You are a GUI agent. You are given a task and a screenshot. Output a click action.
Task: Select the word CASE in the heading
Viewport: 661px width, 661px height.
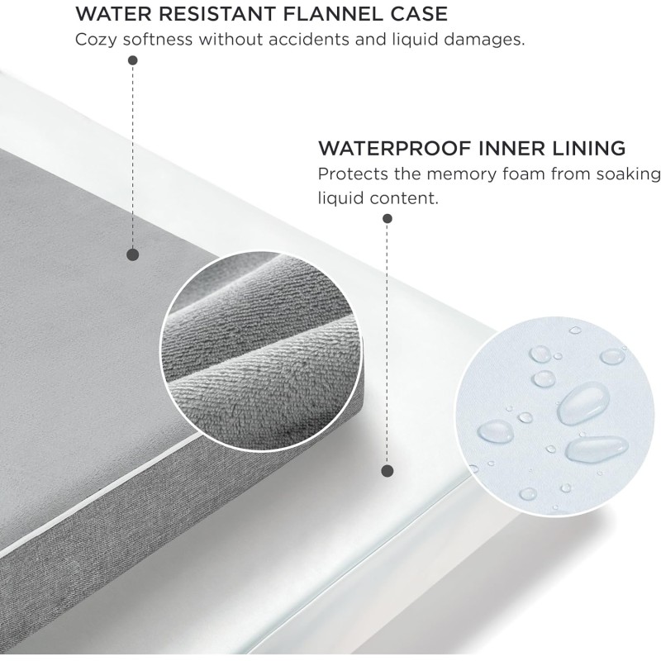[x=419, y=14]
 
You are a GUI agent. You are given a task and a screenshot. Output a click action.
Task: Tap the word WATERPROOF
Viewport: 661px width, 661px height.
[x=394, y=149]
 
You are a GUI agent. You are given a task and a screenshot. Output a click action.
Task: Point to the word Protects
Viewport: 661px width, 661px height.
[x=353, y=174]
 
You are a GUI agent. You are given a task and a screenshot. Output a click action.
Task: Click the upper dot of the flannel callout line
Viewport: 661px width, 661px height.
[x=133, y=60]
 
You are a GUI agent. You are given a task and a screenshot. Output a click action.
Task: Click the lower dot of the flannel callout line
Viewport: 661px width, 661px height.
[x=133, y=254]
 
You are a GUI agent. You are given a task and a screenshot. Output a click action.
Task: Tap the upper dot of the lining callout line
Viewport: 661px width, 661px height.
[x=388, y=219]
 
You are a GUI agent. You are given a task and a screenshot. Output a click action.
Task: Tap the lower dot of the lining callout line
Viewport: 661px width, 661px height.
[x=388, y=471]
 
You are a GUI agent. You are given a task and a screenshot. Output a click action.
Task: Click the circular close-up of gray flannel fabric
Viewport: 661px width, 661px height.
[x=261, y=351]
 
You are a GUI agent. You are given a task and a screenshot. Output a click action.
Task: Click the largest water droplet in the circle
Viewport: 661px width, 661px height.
[x=583, y=402]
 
